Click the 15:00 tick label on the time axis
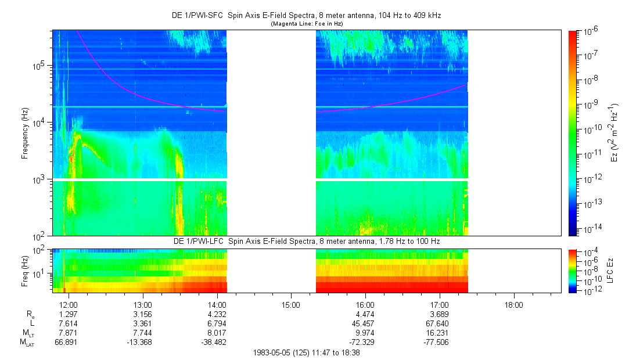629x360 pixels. (291, 304)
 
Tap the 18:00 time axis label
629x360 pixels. (513, 304)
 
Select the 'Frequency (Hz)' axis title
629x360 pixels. (25, 133)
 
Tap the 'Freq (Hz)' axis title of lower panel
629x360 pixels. (25, 270)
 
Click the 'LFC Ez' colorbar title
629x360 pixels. (614, 271)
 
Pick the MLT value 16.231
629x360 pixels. (440, 333)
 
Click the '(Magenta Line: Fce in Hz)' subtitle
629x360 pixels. (307, 23)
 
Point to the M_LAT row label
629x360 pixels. (27, 343)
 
